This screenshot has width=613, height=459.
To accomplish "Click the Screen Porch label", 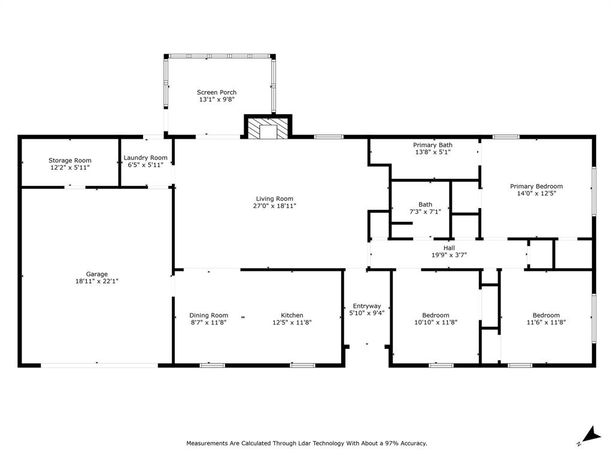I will coord(217,92).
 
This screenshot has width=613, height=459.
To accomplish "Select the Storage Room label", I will coord(70,160).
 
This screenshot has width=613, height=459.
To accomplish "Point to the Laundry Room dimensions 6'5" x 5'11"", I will coord(145,166).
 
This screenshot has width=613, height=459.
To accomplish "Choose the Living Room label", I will coord(275,198).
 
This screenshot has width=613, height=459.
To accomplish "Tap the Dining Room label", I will coord(208,315).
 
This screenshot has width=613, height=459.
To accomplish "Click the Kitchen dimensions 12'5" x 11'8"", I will coord(292,322).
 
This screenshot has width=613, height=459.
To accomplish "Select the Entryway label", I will coord(366,305).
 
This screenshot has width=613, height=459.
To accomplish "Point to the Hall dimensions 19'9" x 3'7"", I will coord(449,255).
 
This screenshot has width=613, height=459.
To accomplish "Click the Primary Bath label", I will coord(433,145).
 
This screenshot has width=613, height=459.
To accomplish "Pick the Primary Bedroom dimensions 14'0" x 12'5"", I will coord(536,193).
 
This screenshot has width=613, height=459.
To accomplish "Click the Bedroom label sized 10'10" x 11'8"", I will coord(435,315).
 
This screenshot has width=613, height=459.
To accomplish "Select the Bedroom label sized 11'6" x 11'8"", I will coord(546,315).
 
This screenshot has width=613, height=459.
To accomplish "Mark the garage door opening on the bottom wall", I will coord(99,365).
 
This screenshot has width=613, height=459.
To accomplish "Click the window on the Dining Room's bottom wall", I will coord(213,365).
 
